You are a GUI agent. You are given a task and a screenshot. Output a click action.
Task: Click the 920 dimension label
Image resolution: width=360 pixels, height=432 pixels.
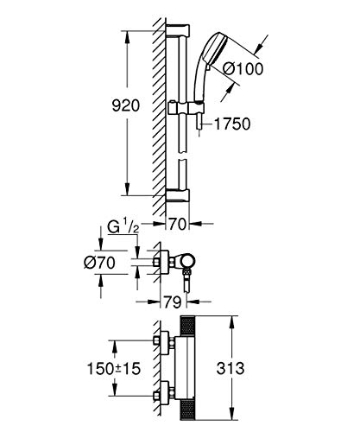[x=126, y=105]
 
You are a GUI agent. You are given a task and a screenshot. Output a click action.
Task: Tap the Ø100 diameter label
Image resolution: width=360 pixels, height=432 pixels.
[x=243, y=69]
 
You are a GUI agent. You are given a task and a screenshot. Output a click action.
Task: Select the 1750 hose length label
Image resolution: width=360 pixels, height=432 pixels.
[x=232, y=124]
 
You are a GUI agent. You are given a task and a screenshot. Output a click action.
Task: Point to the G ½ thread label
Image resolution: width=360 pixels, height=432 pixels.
[x=123, y=227]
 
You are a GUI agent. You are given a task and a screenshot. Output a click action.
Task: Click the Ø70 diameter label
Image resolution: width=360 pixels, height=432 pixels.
[x=99, y=263]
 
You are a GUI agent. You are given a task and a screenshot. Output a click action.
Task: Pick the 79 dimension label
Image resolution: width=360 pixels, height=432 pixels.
[x=173, y=302]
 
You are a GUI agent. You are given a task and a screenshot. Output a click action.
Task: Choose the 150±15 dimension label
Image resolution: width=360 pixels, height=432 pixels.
[x=114, y=369]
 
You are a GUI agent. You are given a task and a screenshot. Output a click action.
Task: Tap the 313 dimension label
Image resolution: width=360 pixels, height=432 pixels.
[x=231, y=368]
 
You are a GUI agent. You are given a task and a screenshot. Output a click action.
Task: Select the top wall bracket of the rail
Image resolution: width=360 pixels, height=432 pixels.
[x=178, y=30]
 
